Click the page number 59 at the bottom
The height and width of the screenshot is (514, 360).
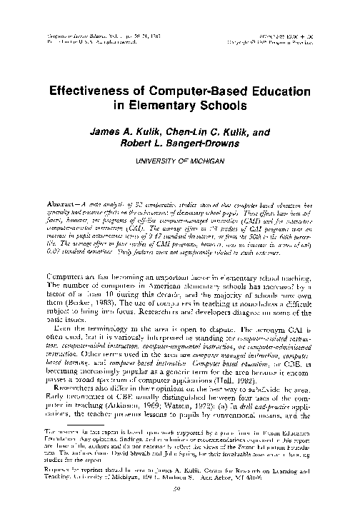[180, 491]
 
